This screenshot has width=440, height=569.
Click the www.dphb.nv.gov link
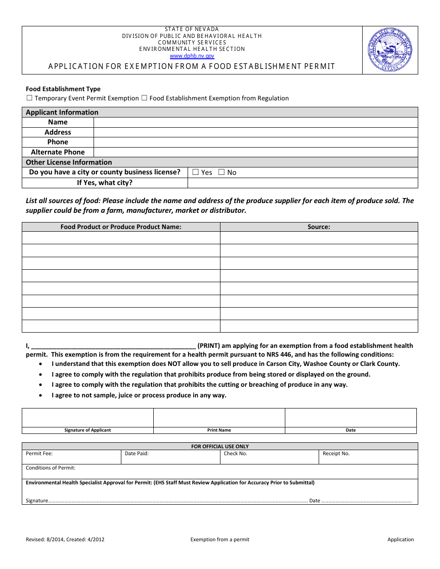(192, 56)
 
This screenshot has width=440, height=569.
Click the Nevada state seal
(390, 50)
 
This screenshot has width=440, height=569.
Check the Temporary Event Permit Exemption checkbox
(30, 98)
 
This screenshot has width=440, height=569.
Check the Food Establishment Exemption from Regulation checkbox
(145, 98)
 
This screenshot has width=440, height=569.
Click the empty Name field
(255, 122)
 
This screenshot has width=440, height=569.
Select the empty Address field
(255, 132)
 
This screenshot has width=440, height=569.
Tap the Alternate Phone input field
(255, 152)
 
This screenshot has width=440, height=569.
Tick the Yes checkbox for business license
(195, 172)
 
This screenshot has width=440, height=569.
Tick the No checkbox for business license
(221, 172)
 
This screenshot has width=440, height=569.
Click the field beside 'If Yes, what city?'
(302, 183)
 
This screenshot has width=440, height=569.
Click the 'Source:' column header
(319, 227)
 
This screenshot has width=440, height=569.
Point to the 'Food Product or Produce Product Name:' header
(121, 227)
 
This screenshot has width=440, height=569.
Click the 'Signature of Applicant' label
(88, 430)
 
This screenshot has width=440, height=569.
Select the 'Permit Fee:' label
(39, 454)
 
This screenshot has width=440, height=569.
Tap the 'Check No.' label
(235, 454)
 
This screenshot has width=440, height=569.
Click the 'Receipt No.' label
(336, 454)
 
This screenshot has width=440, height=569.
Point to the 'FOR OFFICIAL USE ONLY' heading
(220, 446)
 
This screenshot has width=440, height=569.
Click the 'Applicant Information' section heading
(62, 112)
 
